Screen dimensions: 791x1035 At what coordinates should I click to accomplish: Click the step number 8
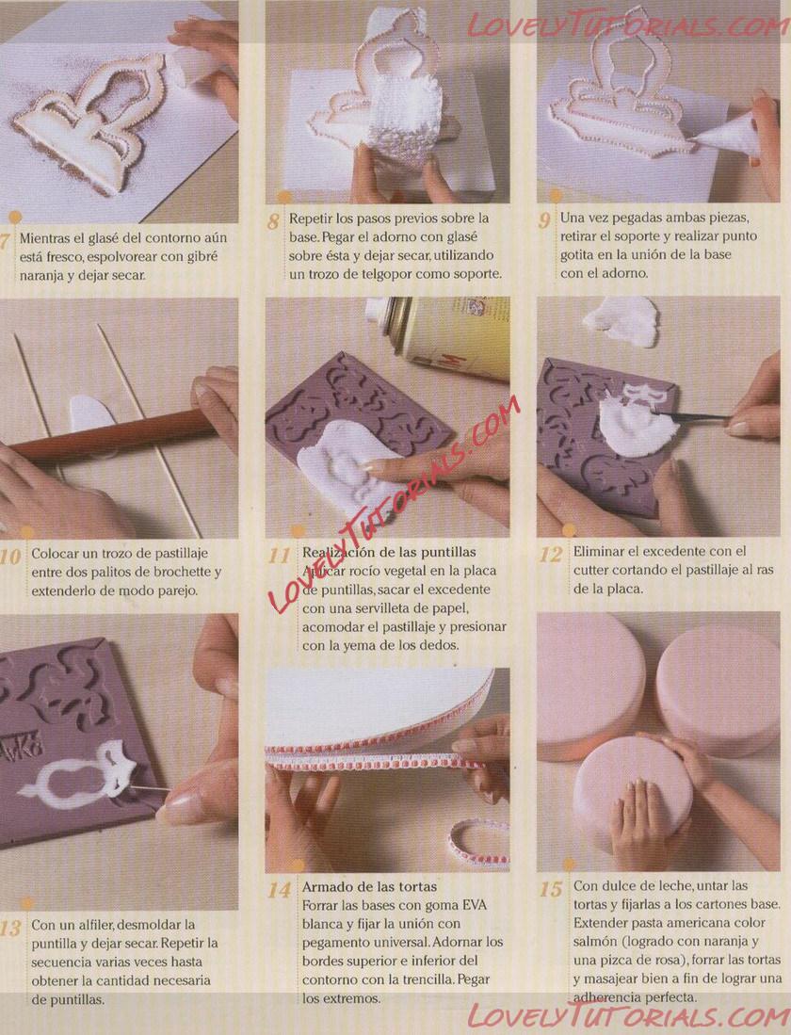point(273,220)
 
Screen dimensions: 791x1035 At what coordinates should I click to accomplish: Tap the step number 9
point(544,219)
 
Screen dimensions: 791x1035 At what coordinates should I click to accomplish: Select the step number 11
point(279,555)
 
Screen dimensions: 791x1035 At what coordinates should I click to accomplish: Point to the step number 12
point(550,554)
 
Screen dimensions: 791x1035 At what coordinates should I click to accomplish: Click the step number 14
point(279,891)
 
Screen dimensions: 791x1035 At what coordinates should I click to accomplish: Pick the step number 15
point(550,889)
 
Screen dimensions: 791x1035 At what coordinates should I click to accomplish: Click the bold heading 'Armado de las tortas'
point(370,886)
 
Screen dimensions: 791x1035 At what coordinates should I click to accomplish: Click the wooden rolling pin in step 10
point(112,436)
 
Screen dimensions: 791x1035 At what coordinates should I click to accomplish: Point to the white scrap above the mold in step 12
point(621,320)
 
